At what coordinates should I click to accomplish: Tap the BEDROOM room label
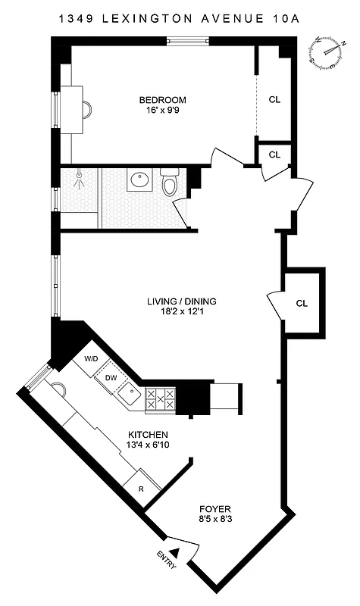click(x=162, y=100)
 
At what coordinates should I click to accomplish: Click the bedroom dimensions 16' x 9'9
click(x=162, y=111)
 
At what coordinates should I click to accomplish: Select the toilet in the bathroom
click(x=170, y=183)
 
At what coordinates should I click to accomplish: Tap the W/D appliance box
click(x=92, y=358)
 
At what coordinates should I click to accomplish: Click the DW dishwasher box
click(x=111, y=377)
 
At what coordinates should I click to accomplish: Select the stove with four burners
click(x=160, y=399)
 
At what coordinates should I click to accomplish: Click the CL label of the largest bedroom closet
click(x=274, y=99)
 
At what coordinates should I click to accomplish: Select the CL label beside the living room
click(x=302, y=303)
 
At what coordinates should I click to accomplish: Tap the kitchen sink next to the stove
click(x=130, y=394)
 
